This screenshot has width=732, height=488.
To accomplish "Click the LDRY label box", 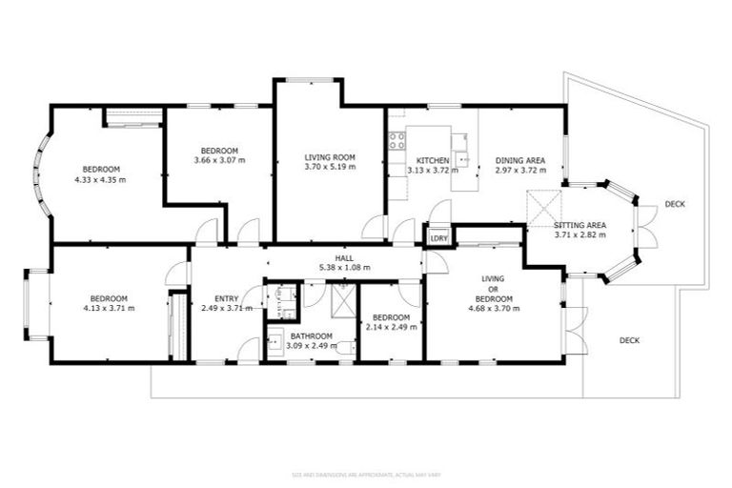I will pos(439,237).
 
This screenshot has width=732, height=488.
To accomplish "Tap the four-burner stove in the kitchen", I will pos(397,142).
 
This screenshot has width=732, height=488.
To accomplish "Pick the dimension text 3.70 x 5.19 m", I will pos(330,167).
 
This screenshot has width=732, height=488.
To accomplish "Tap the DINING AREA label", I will pos(519,160).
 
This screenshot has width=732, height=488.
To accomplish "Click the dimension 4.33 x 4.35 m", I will pos(100,178).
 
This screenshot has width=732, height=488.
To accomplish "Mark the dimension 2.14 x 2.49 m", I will pos(391,328).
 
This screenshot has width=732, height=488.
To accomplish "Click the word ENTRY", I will pos(227,297).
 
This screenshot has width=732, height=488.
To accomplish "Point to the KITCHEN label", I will pos(433,160).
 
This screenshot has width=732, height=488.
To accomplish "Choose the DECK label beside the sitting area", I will pos(675,205).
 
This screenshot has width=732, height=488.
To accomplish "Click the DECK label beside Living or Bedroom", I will pos(629,340).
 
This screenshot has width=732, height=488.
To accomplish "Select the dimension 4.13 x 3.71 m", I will pos(108,308).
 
